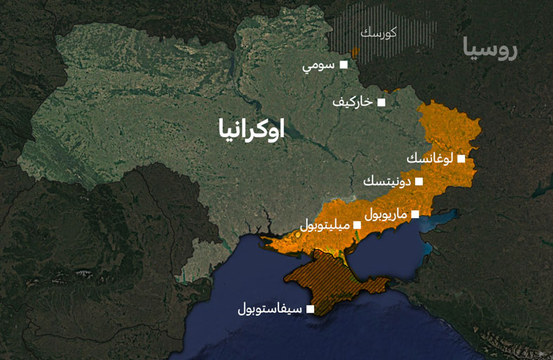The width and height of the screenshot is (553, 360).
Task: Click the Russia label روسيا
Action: pyautogui.click(x=490, y=51)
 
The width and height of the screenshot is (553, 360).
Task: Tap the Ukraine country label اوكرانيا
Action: pyautogui.click(x=252, y=129)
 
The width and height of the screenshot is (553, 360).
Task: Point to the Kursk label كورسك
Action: pyautogui.click(x=378, y=33)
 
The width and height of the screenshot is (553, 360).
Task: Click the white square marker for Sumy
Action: pyautogui.click(x=344, y=65)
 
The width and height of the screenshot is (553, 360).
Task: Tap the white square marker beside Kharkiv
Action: pyautogui.click(x=382, y=102)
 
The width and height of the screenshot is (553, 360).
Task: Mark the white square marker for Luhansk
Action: pyautogui.click(x=461, y=159)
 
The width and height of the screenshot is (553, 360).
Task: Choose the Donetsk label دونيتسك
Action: pyautogui.click(x=386, y=181)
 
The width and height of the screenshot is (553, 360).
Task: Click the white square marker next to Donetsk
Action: pyautogui.click(x=419, y=181)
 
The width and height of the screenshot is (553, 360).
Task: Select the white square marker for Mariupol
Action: pyautogui.click(x=415, y=214)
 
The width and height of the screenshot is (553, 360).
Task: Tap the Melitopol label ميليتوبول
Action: pyautogui.click(x=325, y=225)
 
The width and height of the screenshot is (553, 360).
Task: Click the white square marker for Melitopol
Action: pyautogui.click(x=357, y=225)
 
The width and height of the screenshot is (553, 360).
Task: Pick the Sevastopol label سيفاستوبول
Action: pyautogui.click(x=270, y=309)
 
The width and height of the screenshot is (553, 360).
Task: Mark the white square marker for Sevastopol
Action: pyautogui.click(x=310, y=308)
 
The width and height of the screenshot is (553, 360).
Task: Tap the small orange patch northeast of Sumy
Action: pyautogui.click(x=355, y=52)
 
